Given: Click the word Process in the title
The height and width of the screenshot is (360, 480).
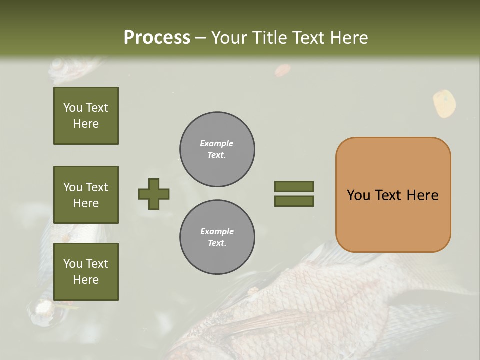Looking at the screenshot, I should click(x=157, y=37).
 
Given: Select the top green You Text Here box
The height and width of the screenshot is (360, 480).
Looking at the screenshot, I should click(x=86, y=116).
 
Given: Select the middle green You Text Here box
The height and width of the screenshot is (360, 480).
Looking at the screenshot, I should click(x=86, y=195).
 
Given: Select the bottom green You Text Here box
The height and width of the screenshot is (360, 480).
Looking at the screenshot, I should click(x=86, y=272).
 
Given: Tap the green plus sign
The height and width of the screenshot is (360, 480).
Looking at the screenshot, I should click(x=154, y=194).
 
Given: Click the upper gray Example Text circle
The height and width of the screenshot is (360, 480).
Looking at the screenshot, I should click(x=217, y=149).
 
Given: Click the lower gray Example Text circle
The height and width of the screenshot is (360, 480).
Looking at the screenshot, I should click(x=217, y=237).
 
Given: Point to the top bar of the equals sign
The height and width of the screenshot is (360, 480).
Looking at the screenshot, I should click(x=294, y=186).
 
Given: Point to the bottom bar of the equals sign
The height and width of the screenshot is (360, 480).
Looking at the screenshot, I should click(x=294, y=201).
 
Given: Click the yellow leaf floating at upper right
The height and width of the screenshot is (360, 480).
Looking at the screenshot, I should click(x=444, y=104).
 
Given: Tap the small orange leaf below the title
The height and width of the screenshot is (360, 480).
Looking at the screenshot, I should click(x=282, y=70).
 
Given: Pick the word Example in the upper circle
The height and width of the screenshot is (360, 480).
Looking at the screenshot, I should click(x=217, y=143).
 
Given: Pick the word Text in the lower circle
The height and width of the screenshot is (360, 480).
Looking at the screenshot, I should click(x=216, y=243).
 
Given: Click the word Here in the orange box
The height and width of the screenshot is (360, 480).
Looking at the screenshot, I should click(x=422, y=195).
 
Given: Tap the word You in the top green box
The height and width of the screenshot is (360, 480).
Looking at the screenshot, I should click(x=73, y=108).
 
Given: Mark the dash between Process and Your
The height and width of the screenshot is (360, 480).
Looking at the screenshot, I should click(x=201, y=38).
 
